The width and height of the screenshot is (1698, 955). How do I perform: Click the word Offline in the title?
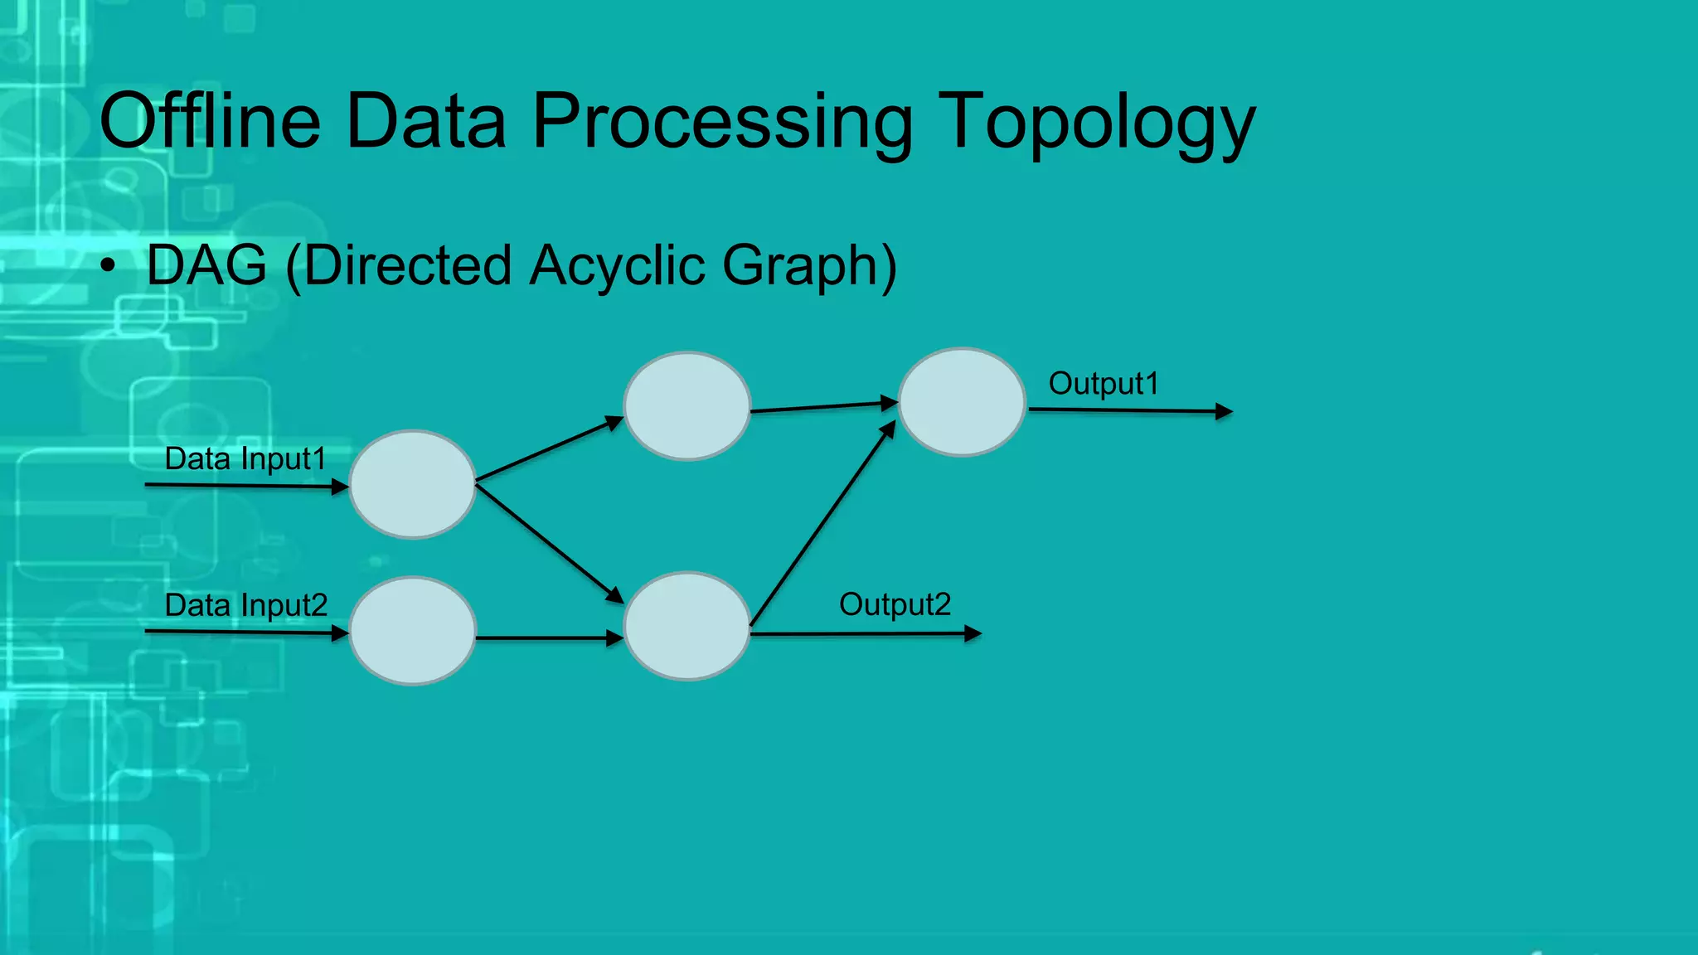click(x=210, y=122)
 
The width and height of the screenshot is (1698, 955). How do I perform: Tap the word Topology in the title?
click(x=1096, y=122)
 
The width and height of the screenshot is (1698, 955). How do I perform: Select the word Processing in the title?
click(x=721, y=122)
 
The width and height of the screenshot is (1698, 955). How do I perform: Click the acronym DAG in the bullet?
click(x=206, y=265)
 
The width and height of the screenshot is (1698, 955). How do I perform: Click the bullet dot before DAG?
click(x=108, y=267)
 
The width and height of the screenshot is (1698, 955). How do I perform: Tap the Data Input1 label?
click(x=245, y=458)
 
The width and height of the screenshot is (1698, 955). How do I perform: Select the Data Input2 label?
click(x=245, y=605)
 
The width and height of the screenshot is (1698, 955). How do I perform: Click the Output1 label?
click(x=1104, y=384)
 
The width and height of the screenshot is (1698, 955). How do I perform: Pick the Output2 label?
click(x=895, y=604)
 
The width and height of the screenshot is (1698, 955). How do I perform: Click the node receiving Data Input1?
click(x=412, y=484)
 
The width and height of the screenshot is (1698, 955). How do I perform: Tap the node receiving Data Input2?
click(x=412, y=631)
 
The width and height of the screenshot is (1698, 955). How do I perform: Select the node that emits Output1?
click(x=962, y=402)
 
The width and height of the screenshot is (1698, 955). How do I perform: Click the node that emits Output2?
click(x=686, y=626)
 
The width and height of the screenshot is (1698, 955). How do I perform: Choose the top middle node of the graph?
click(x=686, y=406)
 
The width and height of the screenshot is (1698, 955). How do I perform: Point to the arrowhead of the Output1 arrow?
click(x=1225, y=411)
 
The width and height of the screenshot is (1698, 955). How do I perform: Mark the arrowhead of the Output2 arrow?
click(x=973, y=634)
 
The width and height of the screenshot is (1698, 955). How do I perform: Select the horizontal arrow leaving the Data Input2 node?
click(x=547, y=638)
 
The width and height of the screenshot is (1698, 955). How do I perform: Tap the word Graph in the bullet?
click(x=808, y=265)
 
